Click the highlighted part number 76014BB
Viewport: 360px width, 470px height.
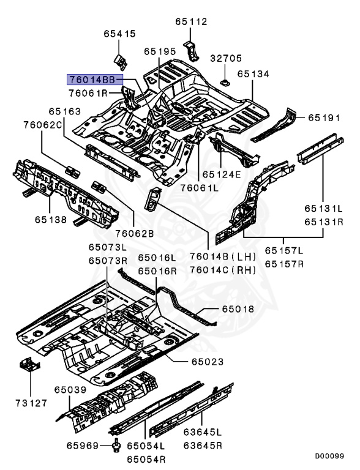(95, 80)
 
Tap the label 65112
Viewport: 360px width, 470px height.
(192, 22)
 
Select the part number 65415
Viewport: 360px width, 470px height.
(120, 34)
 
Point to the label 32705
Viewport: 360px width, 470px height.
(225, 58)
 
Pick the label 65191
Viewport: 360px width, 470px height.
(324, 117)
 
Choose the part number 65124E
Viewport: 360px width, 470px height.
(222, 174)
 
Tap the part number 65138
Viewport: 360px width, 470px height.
(51, 220)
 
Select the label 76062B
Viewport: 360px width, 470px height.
(135, 234)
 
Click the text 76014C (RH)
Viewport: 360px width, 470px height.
(223, 270)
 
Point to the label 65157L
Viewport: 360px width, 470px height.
(284, 250)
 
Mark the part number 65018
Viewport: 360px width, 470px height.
(238, 309)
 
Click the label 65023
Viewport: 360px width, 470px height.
(208, 362)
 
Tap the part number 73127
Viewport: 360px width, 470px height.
(31, 403)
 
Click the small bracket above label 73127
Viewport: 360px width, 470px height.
(29, 364)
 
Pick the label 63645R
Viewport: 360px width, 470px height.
(203, 446)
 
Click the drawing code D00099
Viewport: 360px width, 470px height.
(329, 456)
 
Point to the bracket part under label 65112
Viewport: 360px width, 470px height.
(191, 50)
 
